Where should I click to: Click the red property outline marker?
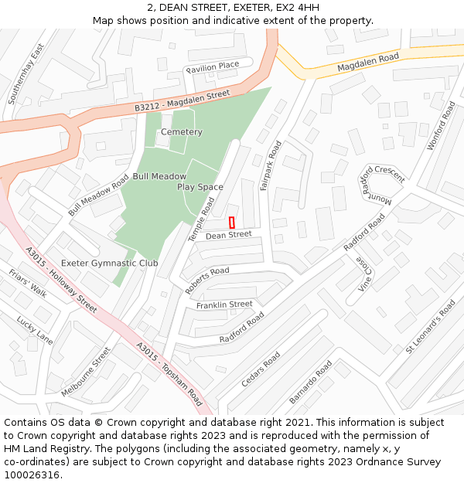pos(232,222)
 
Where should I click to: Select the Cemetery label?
pos(181,132)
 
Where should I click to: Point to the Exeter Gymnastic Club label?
pos(109,263)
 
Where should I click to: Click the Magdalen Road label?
pos(367,63)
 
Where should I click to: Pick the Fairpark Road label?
pos(268,165)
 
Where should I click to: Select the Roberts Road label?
pos(206,280)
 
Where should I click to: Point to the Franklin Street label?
pos(224,305)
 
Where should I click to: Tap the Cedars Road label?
pos(261,369)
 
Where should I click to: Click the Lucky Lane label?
pos(35,330)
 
